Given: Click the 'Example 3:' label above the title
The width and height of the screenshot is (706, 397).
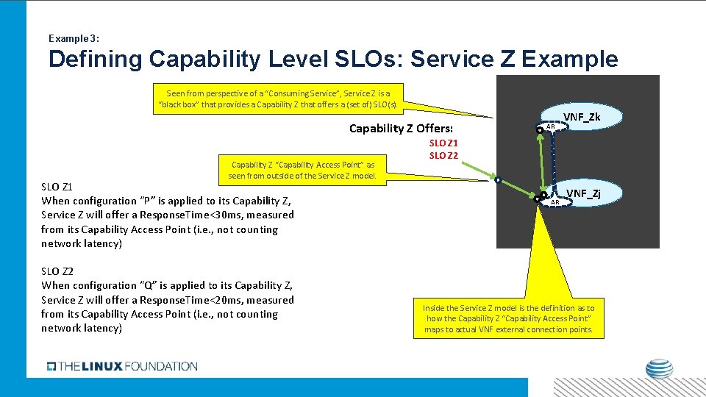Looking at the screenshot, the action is (74, 37).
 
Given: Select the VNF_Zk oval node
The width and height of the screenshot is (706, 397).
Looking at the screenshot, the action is (581, 117).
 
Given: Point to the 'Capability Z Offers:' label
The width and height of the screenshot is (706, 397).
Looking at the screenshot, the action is (401, 129).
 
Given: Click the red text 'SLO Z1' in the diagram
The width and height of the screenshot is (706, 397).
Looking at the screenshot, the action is (443, 143).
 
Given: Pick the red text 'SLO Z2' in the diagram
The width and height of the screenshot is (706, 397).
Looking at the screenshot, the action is (443, 155).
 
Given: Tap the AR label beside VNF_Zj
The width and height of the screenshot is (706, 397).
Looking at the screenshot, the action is (555, 201).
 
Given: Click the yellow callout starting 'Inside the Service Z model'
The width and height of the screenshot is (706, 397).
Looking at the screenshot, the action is (508, 318).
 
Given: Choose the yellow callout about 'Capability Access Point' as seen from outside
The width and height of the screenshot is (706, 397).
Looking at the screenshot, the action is (302, 170).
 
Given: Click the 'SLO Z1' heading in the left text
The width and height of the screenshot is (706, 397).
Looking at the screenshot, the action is (57, 186).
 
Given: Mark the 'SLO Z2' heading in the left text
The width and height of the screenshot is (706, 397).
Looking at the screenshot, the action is (57, 271).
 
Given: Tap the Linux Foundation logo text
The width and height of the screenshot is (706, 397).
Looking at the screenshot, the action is (122, 366).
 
